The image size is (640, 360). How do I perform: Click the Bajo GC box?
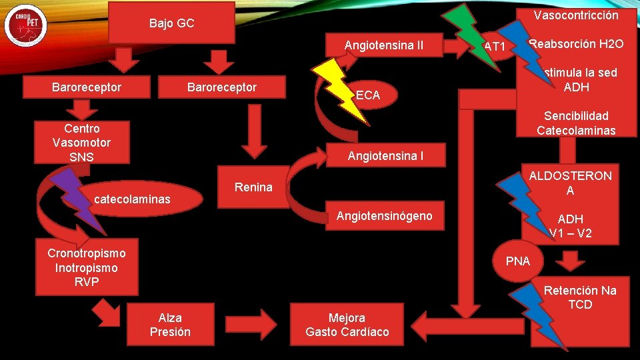(x=172, y=23)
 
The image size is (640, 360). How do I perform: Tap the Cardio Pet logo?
(x=25, y=26)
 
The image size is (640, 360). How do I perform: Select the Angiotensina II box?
(x=383, y=45)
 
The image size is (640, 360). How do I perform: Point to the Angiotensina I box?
(x=385, y=156)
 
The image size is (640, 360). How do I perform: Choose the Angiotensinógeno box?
(x=384, y=215)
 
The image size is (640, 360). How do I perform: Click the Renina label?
(x=253, y=187)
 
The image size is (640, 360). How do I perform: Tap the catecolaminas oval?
(x=132, y=199)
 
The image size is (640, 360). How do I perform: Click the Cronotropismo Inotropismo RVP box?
(x=87, y=267)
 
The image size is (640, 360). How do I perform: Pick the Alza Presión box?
(x=170, y=325)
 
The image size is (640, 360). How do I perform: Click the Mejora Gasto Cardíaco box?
(x=347, y=325)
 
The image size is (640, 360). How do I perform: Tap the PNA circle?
(x=518, y=261)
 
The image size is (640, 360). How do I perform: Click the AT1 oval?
(x=495, y=47)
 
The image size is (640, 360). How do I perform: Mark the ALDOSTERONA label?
(x=570, y=183)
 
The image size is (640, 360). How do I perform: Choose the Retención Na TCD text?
(x=579, y=298)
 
